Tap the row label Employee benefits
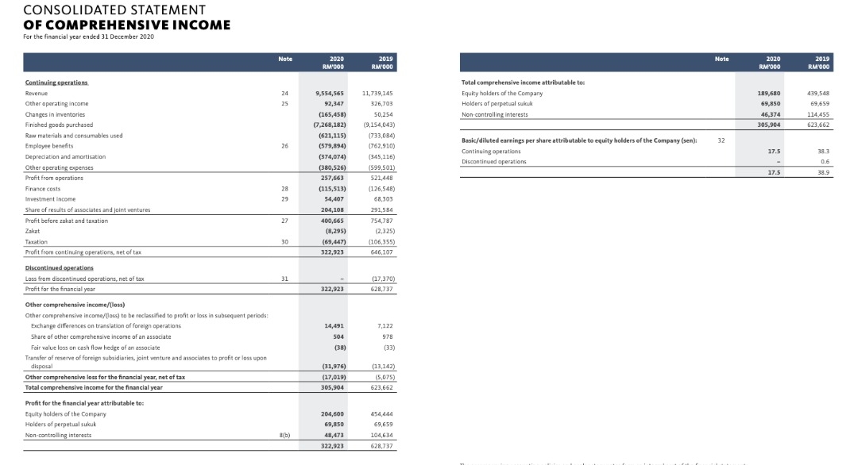[x=49, y=146]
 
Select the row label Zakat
[x=33, y=231]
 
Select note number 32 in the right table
[x=721, y=140]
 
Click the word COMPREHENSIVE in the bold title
[x=111, y=25]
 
